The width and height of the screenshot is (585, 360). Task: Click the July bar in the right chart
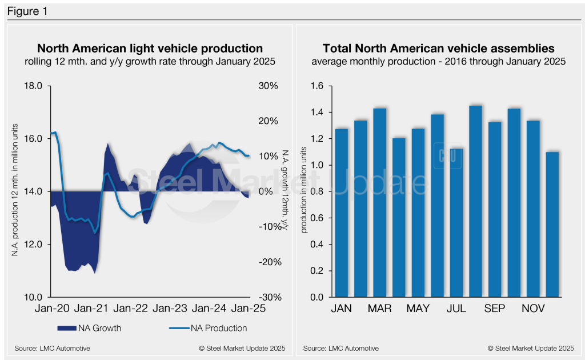point(455,223)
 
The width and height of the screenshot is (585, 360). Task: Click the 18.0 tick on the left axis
point(33,86)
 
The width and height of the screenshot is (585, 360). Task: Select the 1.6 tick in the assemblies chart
point(318,86)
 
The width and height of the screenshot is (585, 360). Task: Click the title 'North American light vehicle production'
point(150,49)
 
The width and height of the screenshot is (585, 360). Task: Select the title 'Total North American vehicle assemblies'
point(439,49)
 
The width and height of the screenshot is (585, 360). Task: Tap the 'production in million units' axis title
point(304,191)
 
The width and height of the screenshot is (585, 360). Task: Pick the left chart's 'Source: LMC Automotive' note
point(53,348)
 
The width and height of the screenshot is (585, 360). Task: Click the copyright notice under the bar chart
point(531,348)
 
